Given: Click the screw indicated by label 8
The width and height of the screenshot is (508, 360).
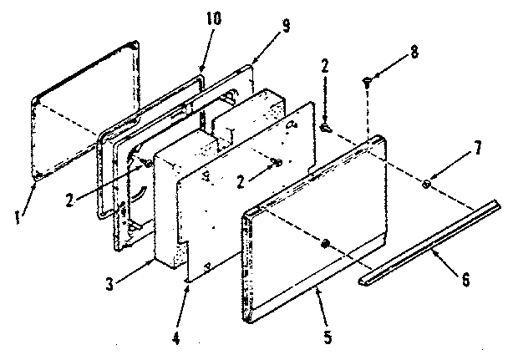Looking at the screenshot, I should (x=368, y=80).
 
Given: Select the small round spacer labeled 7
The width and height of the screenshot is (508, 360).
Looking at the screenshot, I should (x=428, y=184).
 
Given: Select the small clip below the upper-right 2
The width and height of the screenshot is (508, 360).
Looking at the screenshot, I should (x=326, y=126).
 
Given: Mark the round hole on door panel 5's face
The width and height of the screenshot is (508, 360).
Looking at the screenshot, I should (x=325, y=244).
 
